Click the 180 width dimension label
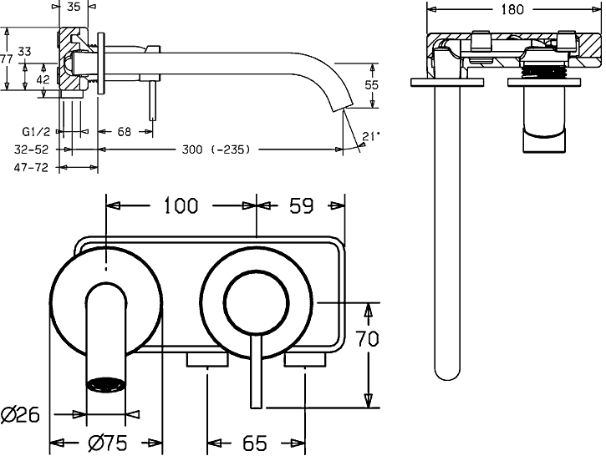click(513, 9)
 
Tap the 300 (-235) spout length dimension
click(216, 149)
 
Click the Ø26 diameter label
click(22, 414)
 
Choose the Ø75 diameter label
click(107, 443)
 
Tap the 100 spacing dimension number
click(181, 205)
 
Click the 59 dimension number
click(300, 205)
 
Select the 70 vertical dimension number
click(369, 339)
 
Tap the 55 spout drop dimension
click(372, 84)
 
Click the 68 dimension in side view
click(124, 132)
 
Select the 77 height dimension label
click(6, 59)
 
